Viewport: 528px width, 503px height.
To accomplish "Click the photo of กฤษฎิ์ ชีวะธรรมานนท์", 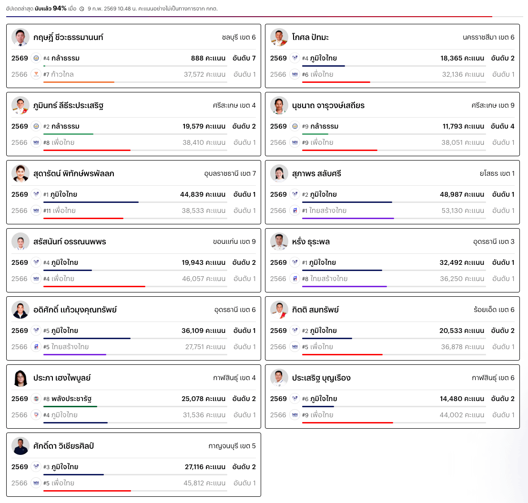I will (x=20, y=37).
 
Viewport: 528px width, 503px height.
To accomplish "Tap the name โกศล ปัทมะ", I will (x=310, y=37).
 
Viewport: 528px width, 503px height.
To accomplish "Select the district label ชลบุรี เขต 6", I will (x=239, y=37).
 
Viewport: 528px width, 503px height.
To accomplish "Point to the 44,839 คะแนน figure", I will (x=203, y=194).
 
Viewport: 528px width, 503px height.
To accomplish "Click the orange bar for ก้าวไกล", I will (x=79, y=82).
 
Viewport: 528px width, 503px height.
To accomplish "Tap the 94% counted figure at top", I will (x=60, y=9).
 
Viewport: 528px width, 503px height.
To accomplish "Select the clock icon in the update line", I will (x=81, y=9).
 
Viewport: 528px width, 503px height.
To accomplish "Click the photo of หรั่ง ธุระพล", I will (x=279, y=241).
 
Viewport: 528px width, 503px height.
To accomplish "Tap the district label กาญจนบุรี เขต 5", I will (x=232, y=446).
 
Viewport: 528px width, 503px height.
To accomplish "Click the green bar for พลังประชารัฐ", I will (x=70, y=406).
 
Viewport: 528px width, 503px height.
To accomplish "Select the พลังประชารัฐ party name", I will (x=71, y=399).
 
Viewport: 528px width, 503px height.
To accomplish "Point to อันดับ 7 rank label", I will (x=244, y=58).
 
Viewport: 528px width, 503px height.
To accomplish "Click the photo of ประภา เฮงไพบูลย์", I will (x=20, y=378).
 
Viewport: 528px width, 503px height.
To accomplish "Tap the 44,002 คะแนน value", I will (x=462, y=415).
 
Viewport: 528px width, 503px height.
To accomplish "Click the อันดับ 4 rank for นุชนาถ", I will (x=503, y=126).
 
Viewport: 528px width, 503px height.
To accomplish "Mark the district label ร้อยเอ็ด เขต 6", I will (x=491, y=310).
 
